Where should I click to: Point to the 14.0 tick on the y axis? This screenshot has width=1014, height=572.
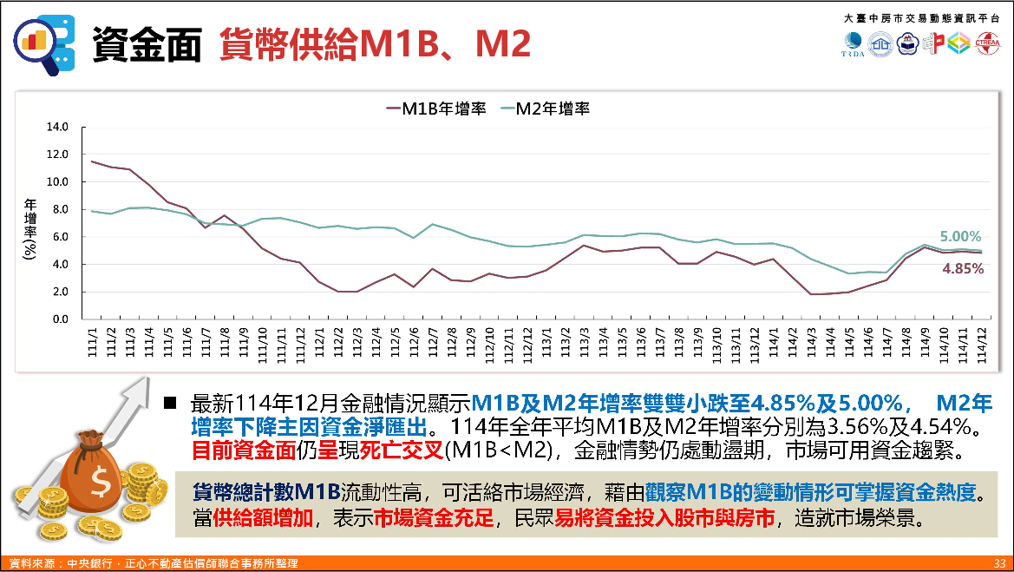pos(57,127)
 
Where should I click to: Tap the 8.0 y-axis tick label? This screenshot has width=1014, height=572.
pos(57,209)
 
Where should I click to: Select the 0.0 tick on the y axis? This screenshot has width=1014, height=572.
pos(57,319)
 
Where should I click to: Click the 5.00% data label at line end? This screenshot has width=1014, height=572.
pos(961,236)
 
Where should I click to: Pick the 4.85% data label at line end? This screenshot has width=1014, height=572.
pos(963,269)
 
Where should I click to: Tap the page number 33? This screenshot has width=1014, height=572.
pos(999,564)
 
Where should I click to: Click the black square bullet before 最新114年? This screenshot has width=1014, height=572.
pos(171,404)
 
